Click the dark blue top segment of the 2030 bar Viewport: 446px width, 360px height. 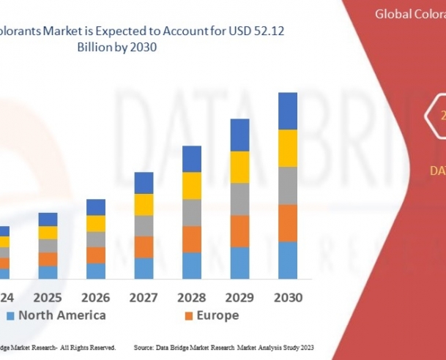pos(288,111)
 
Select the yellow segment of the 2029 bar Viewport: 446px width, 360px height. pos(240,167)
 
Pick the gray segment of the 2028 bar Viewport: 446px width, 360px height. pos(192,212)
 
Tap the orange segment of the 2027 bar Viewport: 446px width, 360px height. pos(144,247)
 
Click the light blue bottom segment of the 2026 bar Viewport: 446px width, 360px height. pos(96,271)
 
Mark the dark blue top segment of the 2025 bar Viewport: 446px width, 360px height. pos(48,220)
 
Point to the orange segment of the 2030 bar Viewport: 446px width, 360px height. pos(288,222)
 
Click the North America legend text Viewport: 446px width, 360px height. pos(62,315)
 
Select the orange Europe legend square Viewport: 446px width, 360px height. pos(188,316)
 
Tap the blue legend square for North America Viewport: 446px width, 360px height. pos(10,316)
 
